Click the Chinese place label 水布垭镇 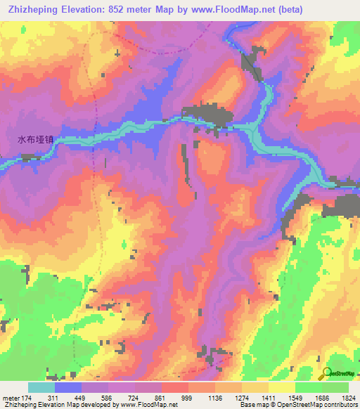point(35,140)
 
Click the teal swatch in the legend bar point(41,388)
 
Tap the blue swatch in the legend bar point(68,388)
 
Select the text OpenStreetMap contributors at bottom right point(315,405)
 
